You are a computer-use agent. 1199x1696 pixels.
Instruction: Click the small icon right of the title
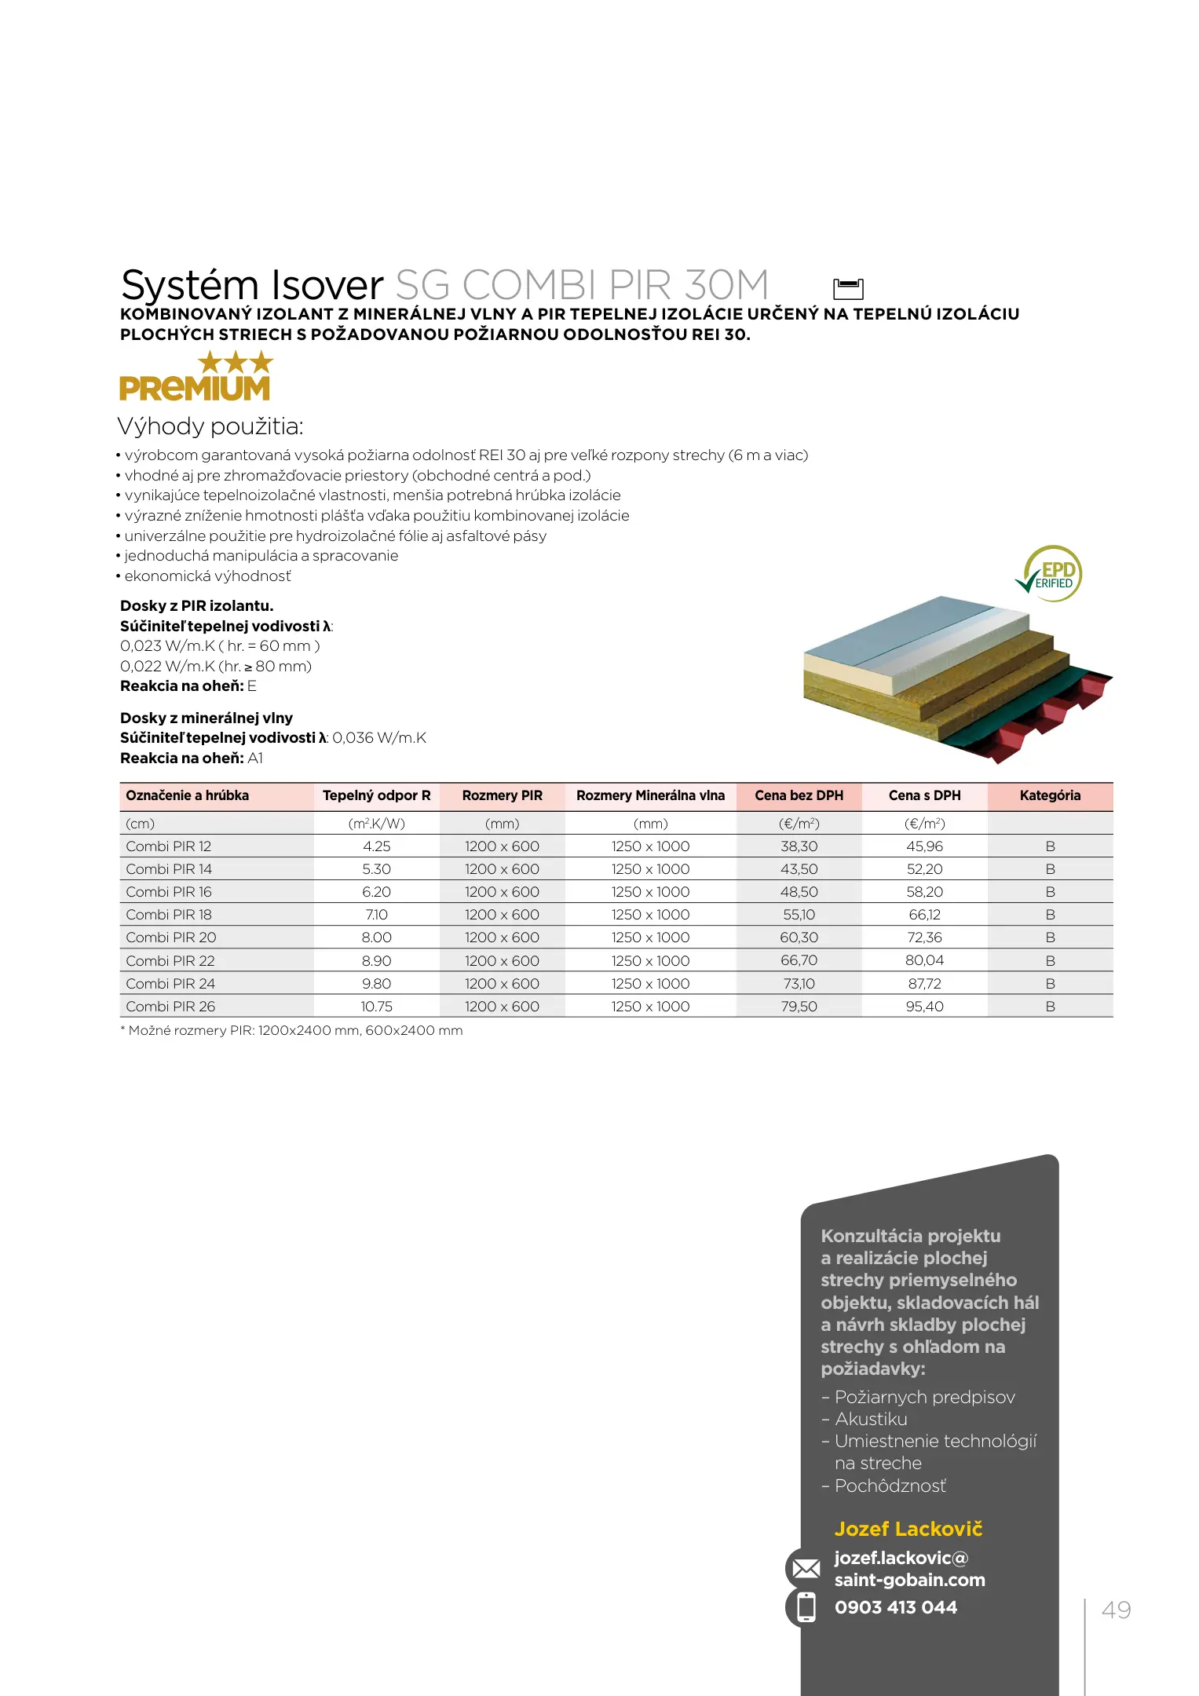pos(847,288)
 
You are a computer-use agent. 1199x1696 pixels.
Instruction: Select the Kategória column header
pos(1050,795)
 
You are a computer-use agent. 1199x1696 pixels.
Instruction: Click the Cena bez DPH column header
pos(799,795)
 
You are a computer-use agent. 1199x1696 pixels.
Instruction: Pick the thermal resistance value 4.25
pos(376,846)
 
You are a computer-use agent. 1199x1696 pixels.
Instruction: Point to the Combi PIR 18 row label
pos(169,915)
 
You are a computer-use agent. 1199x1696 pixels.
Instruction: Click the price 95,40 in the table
pos(924,1007)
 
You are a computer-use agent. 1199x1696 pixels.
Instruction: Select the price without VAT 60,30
pos(799,938)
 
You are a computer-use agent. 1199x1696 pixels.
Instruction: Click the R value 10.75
pos(376,1007)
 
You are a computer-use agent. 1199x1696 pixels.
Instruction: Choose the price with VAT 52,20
pos(924,869)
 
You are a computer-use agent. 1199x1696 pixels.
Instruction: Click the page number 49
pos(1116,1610)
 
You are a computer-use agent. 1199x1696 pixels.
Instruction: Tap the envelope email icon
pos(806,1569)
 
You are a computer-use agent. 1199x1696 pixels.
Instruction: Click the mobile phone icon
pos(806,1607)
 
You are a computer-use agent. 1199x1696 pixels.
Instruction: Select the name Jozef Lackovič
pos(908,1530)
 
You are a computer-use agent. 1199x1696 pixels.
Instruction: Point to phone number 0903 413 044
pos(895,1607)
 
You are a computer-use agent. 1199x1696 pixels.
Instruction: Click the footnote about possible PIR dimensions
pos(291,1031)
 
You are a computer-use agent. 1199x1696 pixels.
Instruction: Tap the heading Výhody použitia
pos(210,426)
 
